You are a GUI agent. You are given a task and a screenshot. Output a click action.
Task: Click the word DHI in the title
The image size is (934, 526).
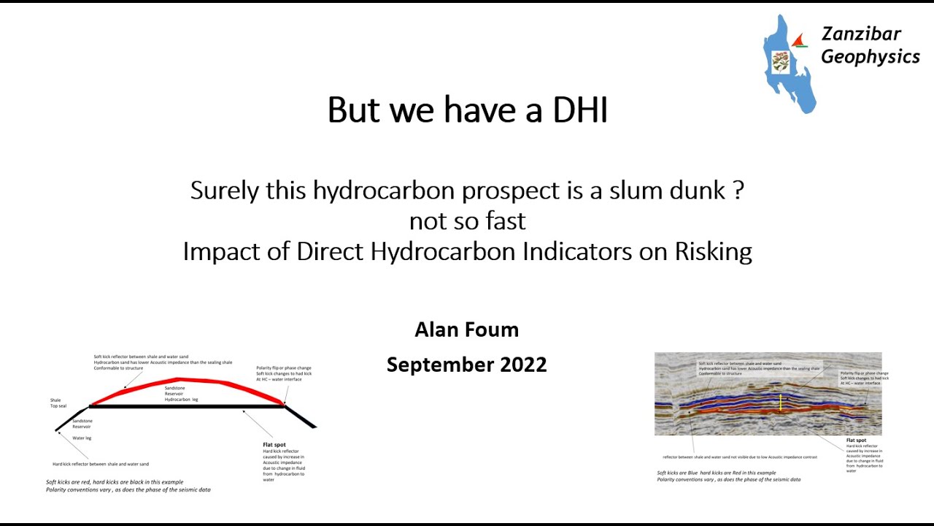tap(580, 110)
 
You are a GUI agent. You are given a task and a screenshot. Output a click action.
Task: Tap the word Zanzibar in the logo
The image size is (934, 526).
tap(861, 34)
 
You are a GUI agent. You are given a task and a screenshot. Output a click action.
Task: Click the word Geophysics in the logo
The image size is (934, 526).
tap(871, 57)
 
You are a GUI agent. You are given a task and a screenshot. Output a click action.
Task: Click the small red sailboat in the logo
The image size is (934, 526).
tap(800, 41)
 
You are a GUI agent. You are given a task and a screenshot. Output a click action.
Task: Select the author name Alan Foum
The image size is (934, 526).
tap(466, 329)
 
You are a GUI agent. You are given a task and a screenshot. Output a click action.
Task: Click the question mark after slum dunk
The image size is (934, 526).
tap(738, 191)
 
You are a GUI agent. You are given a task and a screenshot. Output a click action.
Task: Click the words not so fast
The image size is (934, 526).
tap(467, 221)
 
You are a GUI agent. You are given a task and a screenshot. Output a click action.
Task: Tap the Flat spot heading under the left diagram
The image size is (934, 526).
tap(274, 444)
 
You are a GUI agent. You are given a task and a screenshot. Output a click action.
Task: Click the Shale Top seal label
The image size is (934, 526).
tap(58, 403)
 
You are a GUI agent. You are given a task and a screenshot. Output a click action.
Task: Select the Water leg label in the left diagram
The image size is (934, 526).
tap(82, 438)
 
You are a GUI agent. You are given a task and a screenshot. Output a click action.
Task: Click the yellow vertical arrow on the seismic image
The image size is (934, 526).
tap(781, 403)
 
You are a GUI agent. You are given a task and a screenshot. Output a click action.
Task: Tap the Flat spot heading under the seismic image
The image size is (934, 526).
tap(857, 441)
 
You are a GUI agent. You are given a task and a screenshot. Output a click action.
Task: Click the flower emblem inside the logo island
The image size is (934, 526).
tap(780, 61)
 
